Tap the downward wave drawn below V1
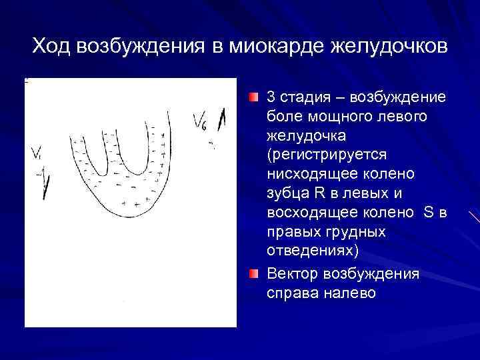(x=44, y=183)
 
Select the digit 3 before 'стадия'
(x=271, y=97)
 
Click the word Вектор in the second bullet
(x=292, y=274)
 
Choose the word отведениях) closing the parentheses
(x=312, y=251)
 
